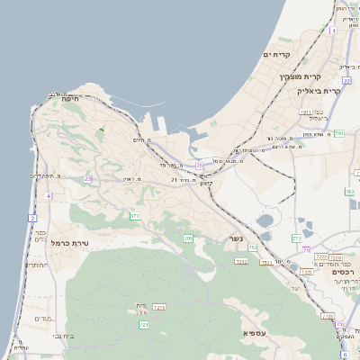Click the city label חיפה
(x=71, y=99)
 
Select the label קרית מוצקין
(x=300, y=77)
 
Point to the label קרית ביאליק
(x=320, y=91)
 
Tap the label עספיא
(x=256, y=333)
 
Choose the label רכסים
(x=343, y=271)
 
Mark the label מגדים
(x=44, y=319)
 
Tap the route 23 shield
(x=88, y=179)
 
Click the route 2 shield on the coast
(x=32, y=219)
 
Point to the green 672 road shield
(x=134, y=216)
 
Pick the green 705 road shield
(x=188, y=238)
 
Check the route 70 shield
(x=307, y=250)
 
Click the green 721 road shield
(x=144, y=324)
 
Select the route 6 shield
(x=344, y=355)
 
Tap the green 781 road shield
(x=338, y=133)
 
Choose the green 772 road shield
(x=296, y=238)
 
